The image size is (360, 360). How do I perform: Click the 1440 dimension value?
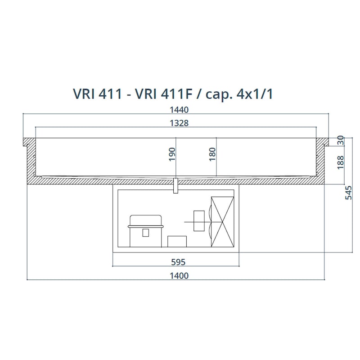pos(179,110)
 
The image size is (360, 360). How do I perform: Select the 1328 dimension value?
pos(179,123)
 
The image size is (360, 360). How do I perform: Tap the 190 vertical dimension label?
pos(172,154)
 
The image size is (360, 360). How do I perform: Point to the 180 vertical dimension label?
pos(212,154)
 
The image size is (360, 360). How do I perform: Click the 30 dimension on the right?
pos(341,140)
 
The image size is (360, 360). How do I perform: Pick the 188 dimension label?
pos(341,162)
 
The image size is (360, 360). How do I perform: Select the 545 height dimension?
pos(348,193)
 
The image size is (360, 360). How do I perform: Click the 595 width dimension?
pos(178,262)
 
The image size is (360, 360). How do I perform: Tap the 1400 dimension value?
pos(179,275)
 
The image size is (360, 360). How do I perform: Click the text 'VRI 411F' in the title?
pos(163,94)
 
